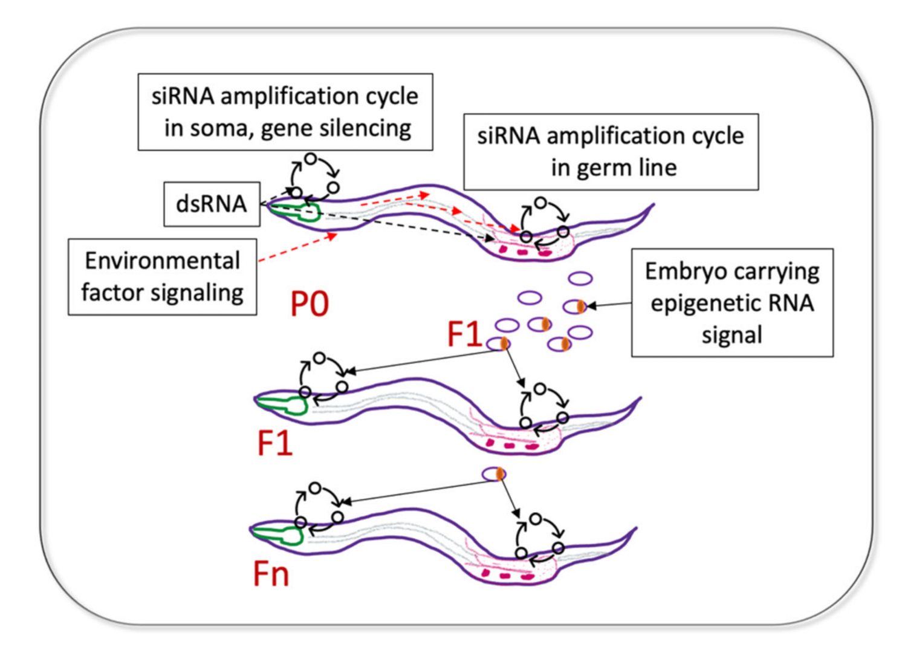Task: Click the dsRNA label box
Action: pyautogui.click(x=212, y=204)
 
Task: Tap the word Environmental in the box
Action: pyautogui.click(x=162, y=261)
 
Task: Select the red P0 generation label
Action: pyautogui.click(x=310, y=304)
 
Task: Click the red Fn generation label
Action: pyautogui.click(x=271, y=574)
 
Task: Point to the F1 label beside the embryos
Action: pyautogui.click(x=464, y=334)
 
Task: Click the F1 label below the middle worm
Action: pyautogui.click(x=275, y=443)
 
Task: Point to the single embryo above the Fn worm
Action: pyautogui.click(x=493, y=473)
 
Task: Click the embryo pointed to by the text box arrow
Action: pyautogui.click(x=574, y=307)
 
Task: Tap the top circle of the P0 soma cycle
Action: pyautogui.click(x=310, y=158)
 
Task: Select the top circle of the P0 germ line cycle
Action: pyautogui.click(x=541, y=203)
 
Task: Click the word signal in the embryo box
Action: pyautogui.click(x=731, y=335)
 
